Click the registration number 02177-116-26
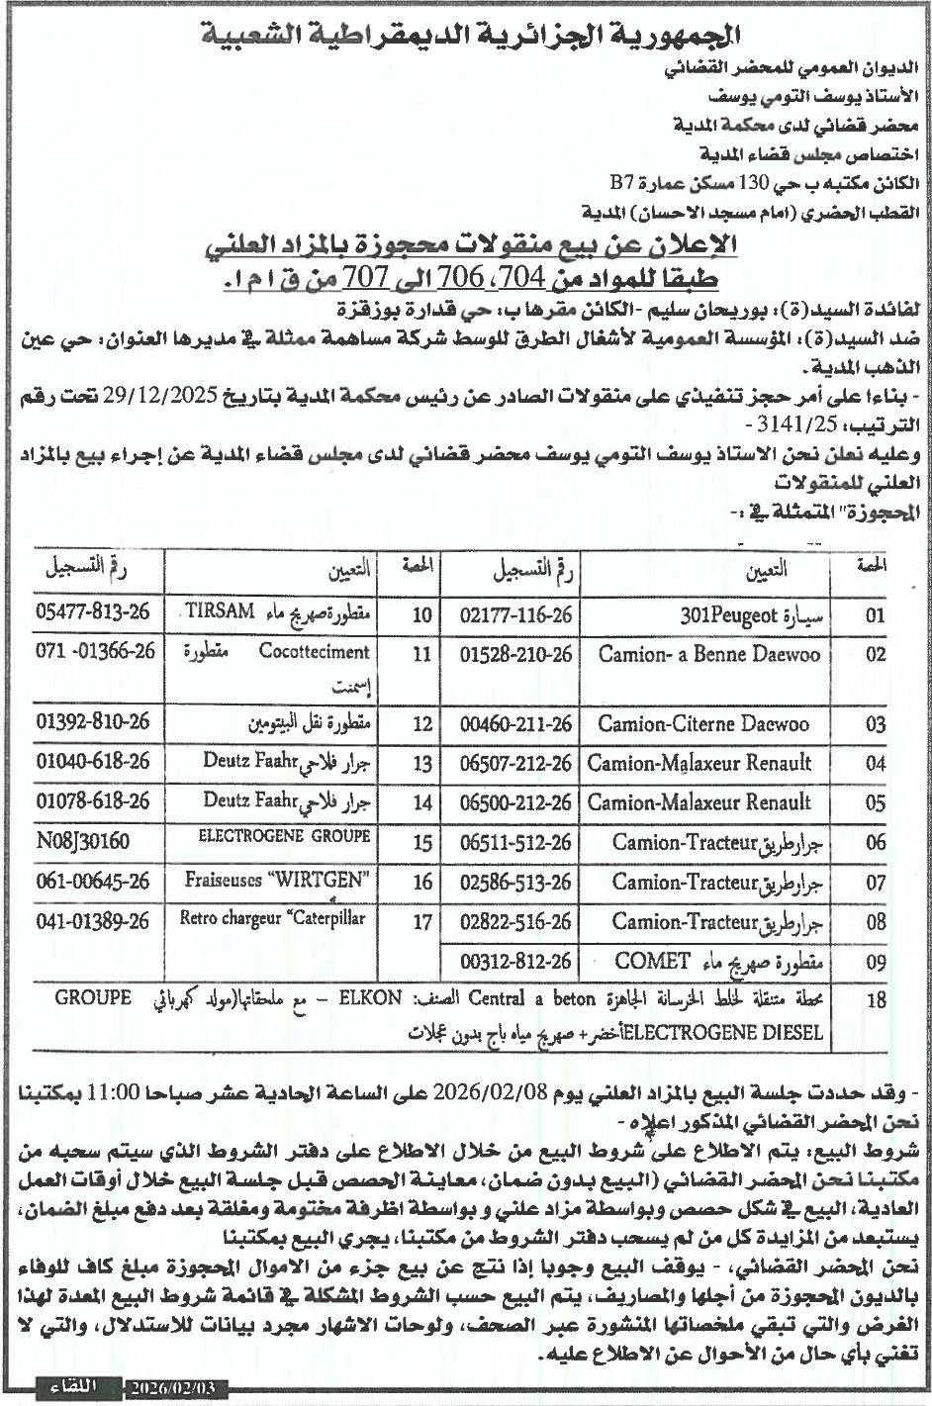tap(516, 613)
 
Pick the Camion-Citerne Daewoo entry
tap(703, 723)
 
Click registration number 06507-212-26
tap(516, 763)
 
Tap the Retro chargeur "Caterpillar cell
tap(272, 919)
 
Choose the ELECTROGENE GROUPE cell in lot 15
tap(285, 836)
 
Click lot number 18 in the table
tap(875, 1000)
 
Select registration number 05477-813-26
tap(92, 611)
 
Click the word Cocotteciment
tap(315, 652)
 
